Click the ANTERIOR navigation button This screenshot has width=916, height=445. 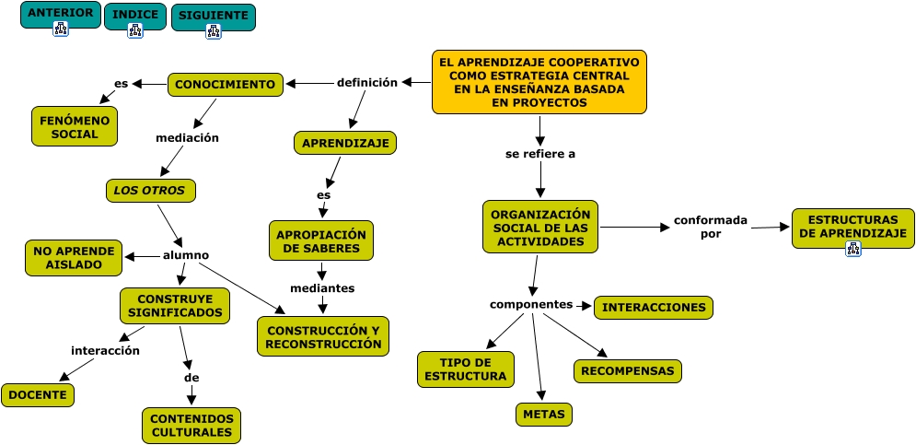point(61,15)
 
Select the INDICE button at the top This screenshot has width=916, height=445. point(135,17)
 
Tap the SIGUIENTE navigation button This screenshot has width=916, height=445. point(214,17)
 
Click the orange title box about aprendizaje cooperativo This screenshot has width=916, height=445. point(539,82)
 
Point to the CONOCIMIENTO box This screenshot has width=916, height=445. point(225,85)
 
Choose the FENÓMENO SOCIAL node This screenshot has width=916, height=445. point(75,126)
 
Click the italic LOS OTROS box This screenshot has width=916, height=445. point(151,191)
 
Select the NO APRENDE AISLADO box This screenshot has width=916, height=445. point(74,258)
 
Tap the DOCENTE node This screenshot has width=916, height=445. point(38,395)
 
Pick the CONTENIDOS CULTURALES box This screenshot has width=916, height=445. point(191,426)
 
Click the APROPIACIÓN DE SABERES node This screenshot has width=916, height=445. point(320,240)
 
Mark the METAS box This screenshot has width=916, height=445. point(544,415)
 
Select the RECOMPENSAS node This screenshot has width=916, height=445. point(628,371)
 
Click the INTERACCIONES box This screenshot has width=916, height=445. point(654,308)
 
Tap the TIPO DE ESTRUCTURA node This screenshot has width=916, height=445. point(466,369)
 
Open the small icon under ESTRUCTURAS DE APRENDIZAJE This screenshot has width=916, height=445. point(852,249)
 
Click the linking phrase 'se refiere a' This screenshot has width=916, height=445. point(540,154)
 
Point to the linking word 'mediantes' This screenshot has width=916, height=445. point(322,288)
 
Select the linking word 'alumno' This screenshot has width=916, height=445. point(186,255)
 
